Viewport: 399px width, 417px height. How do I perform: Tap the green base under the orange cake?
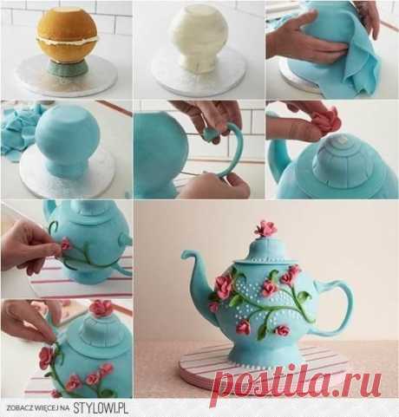[68, 69]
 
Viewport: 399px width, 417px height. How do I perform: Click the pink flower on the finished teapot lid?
[265, 229]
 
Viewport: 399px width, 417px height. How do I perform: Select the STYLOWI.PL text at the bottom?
[100, 408]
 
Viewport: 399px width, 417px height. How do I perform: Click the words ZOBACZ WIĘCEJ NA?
[38, 408]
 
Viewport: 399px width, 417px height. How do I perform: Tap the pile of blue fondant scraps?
[17, 128]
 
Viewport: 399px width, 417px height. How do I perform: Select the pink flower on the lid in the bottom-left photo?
[101, 308]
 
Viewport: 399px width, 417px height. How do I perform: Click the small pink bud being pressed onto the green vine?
[65, 244]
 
